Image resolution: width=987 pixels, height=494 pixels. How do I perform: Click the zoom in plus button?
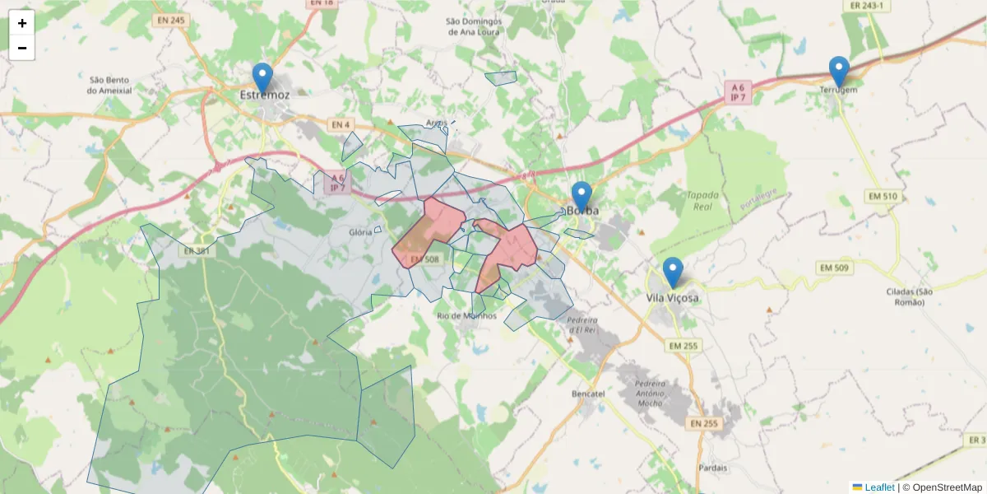(22, 23)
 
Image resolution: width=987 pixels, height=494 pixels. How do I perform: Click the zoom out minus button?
(22, 48)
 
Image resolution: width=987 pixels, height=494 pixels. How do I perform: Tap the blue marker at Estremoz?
(262, 79)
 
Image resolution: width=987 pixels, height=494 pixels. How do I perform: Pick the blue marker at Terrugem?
(839, 72)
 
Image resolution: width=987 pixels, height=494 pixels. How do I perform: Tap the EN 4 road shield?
(341, 125)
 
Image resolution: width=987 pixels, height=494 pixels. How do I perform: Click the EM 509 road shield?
(834, 268)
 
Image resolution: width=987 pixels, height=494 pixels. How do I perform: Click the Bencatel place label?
(588, 394)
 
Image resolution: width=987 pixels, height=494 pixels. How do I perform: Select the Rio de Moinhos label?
(467, 315)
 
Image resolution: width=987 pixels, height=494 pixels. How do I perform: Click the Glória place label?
(360, 232)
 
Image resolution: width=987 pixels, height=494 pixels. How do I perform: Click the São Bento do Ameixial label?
(109, 85)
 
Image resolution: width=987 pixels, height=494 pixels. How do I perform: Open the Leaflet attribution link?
(878, 487)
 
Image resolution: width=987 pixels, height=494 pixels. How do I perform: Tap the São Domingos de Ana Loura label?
(475, 26)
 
